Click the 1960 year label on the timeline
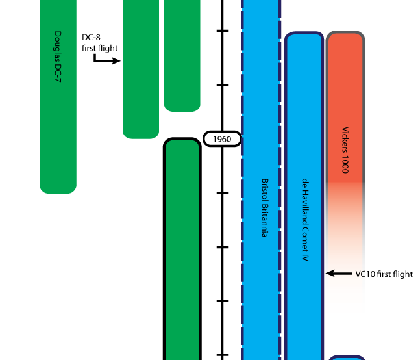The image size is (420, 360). (x=222, y=138)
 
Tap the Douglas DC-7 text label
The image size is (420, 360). (x=58, y=59)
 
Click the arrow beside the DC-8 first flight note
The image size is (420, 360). (x=107, y=60)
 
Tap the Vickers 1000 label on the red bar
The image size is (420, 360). (x=345, y=149)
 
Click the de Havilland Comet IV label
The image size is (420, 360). (x=304, y=220)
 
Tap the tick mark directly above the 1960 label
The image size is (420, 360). (x=223, y=85)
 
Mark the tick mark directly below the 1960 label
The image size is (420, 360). (x=223, y=193)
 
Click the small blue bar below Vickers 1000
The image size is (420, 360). (x=347, y=357)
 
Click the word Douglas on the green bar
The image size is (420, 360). (x=58, y=45)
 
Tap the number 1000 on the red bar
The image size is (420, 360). (x=345, y=165)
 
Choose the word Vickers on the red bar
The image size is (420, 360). (x=345, y=140)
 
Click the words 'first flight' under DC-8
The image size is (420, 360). (x=99, y=48)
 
